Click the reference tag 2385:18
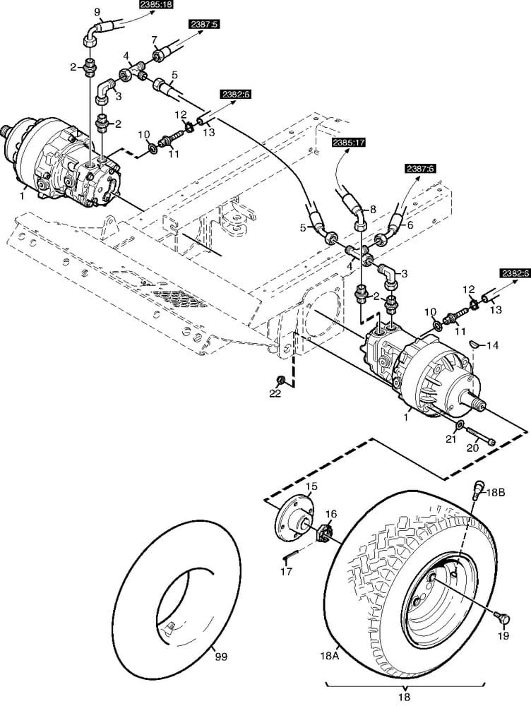[x=156, y=5]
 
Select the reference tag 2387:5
[x=205, y=24]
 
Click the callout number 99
[x=221, y=657]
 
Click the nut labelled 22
[x=281, y=379]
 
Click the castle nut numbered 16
[x=328, y=531]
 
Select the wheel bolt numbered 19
[x=503, y=617]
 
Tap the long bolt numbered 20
[x=479, y=436]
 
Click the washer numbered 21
[x=460, y=426]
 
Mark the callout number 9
[x=98, y=12]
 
